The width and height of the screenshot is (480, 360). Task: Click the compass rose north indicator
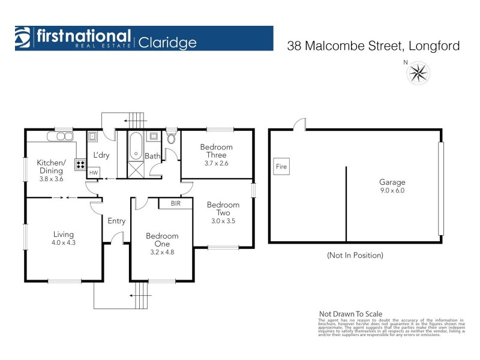point(418,72)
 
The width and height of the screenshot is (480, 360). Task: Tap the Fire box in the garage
point(281,166)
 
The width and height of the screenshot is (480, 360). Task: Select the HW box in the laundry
point(93,173)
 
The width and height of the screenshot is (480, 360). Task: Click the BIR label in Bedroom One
point(176,203)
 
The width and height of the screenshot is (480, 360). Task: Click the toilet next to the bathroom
point(171,139)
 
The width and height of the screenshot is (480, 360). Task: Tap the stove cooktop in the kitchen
point(79,164)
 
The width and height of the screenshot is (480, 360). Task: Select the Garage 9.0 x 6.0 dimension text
point(392,192)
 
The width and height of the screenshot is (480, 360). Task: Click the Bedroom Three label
point(217,151)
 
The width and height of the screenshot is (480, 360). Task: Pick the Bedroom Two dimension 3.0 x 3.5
point(223,220)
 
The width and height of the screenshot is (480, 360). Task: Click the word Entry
point(116,221)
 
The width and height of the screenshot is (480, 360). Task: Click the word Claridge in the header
point(167,42)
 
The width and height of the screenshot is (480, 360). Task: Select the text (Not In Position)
point(355,255)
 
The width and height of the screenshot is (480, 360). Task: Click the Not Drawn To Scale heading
point(349,313)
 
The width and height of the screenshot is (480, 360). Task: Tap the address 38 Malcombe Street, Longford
point(373,46)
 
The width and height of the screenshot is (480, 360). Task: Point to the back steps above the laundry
point(137,118)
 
